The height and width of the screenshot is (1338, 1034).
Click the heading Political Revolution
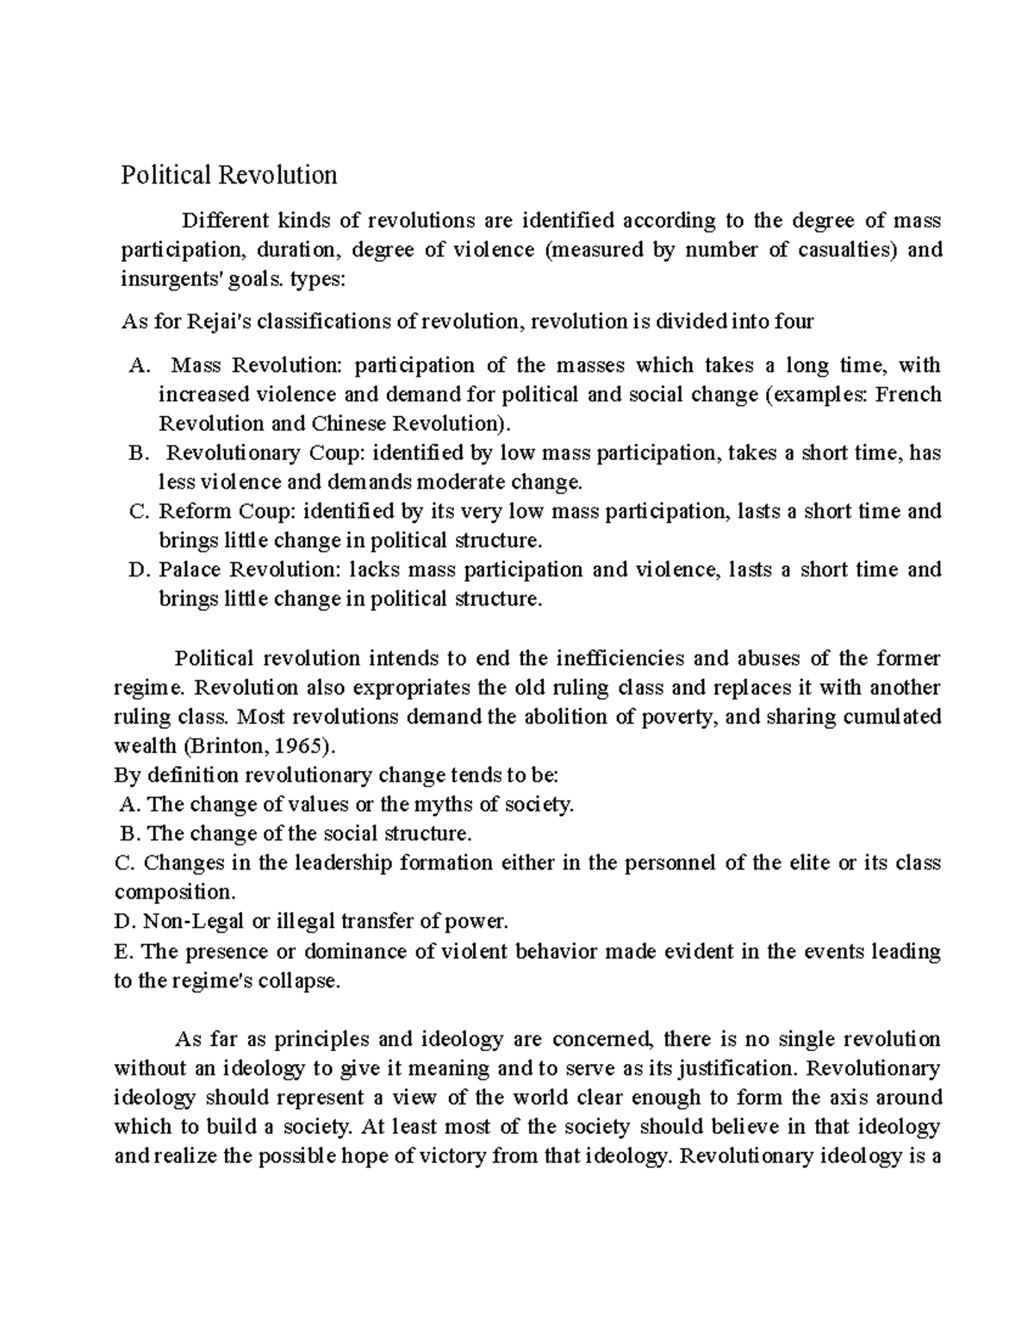(x=228, y=176)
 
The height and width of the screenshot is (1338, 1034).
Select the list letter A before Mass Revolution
(x=137, y=366)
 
